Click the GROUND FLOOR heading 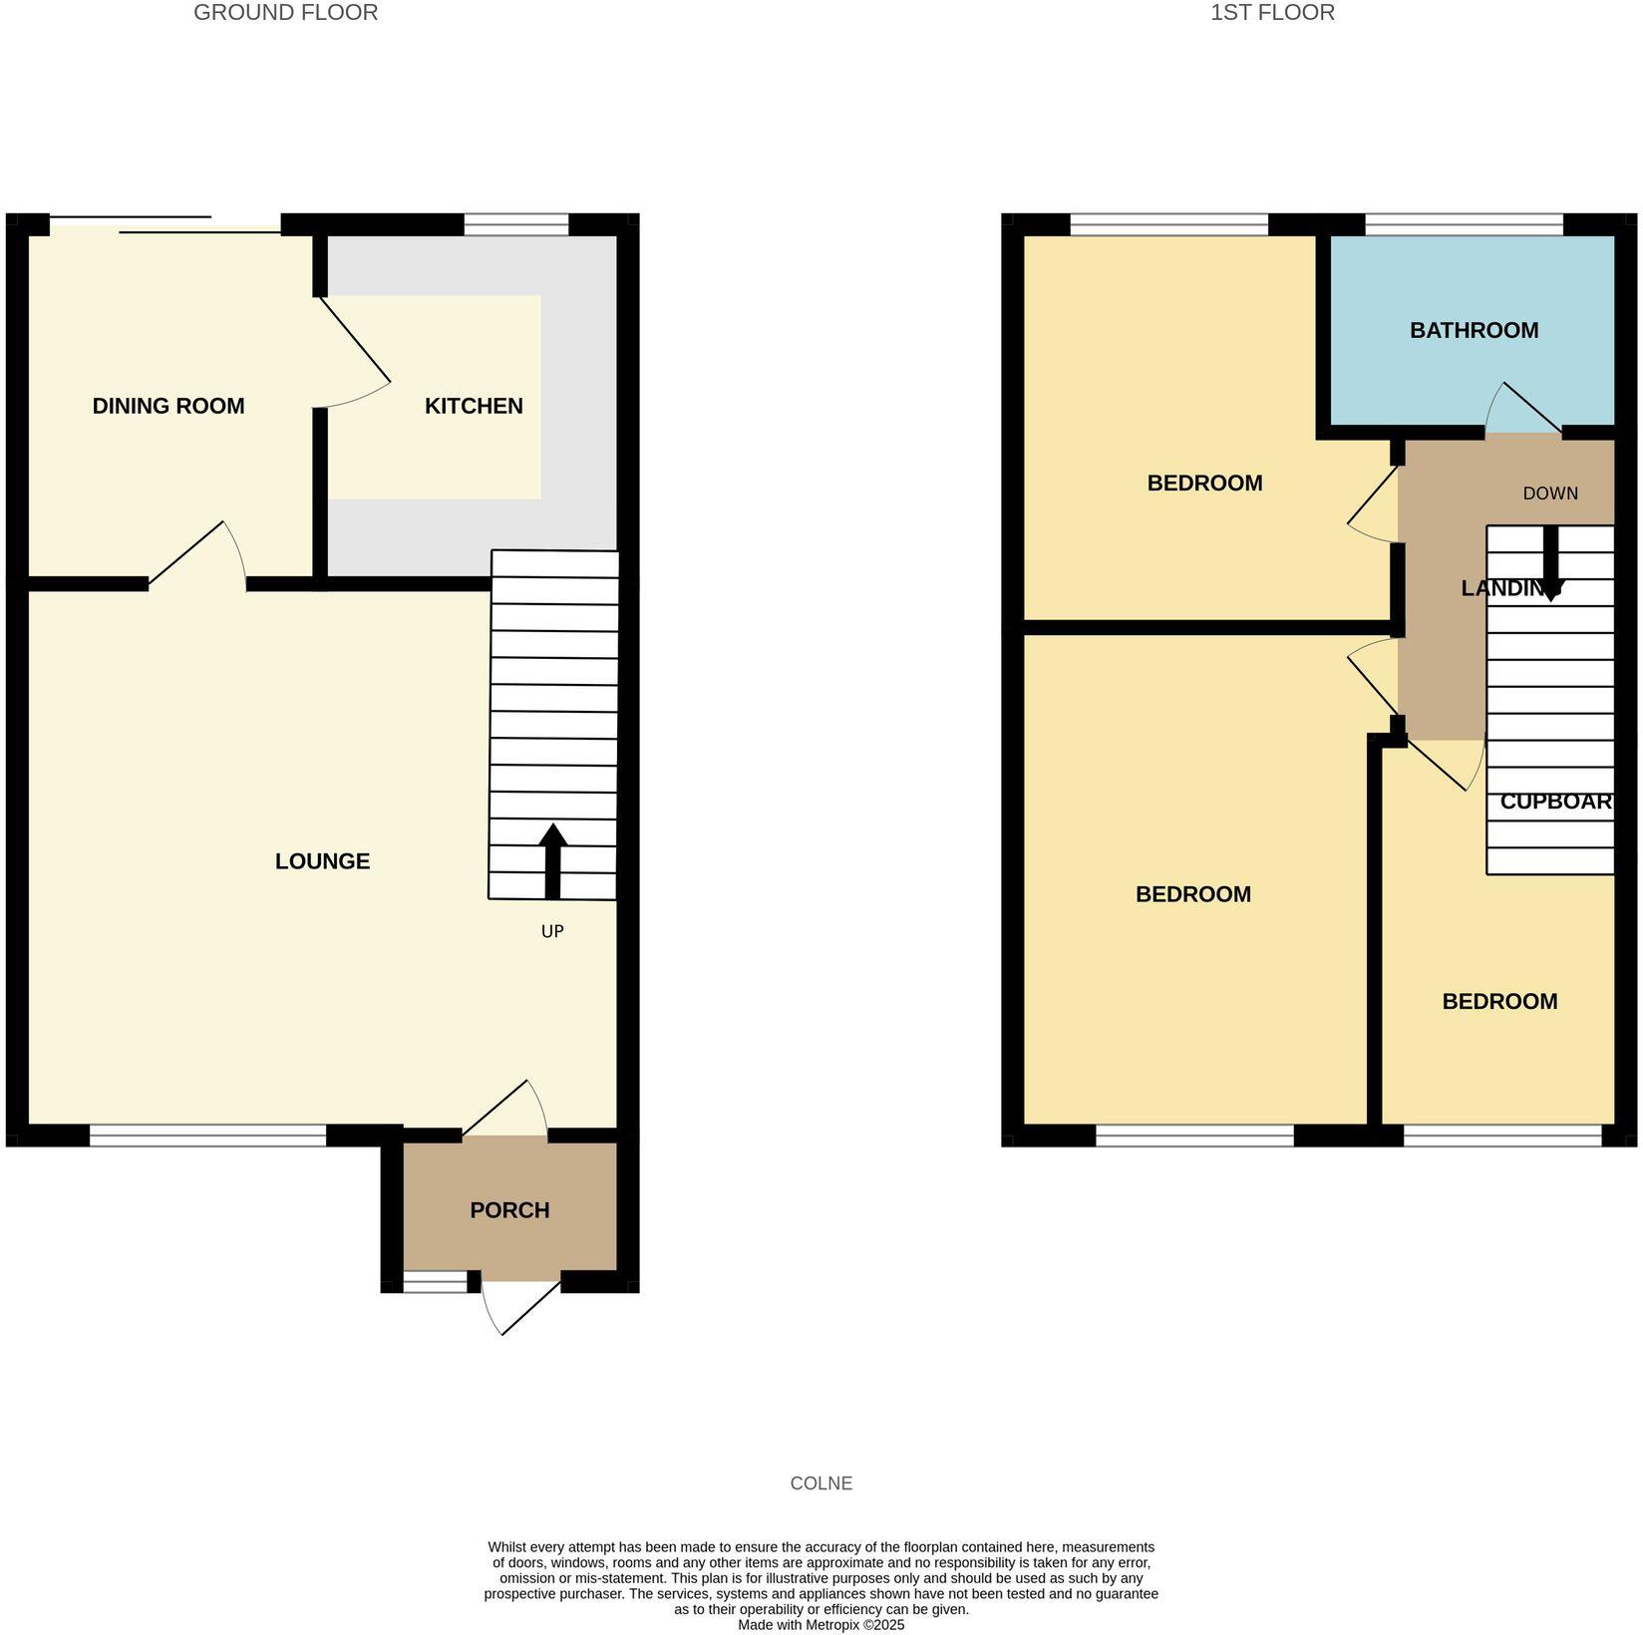[x=285, y=13]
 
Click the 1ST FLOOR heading [x=1272, y=13]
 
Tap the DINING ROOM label [x=167, y=406]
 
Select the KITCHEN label [x=474, y=406]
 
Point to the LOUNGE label [x=322, y=861]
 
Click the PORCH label [x=509, y=1210]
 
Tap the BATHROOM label [x=1474, y=330]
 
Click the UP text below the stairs [x=552, y=931]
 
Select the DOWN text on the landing [x=1550, y=493]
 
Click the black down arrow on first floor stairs [x=1550, y=563]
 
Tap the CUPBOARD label [x=1555, y=802]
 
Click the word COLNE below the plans [x=821, y=1483]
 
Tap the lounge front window [x=207, y=1135]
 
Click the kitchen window [x=515, y=224]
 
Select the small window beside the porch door [x=435, y=1282]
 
